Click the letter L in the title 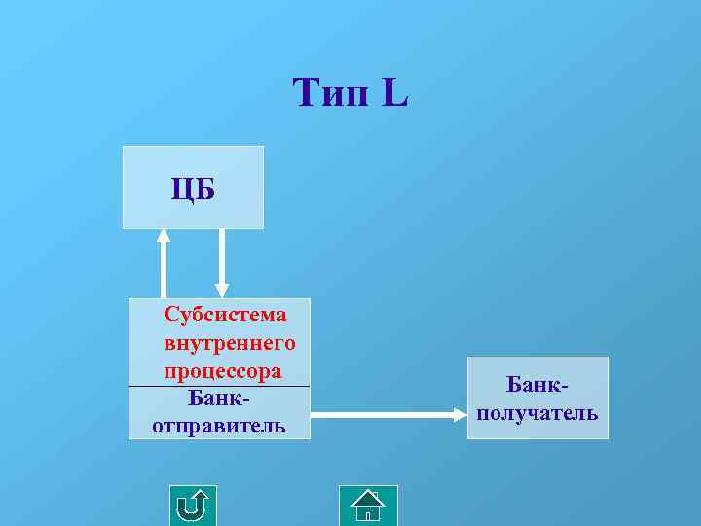pyautogui.click(x=395, y=94)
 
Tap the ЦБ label pyautogui.click(x=193, y=188)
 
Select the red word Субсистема pyautogui.click(x=226, y=314)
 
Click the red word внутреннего pyautogui.click(x=230, y=343)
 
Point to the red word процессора pyautogui.click(x=223, y=371)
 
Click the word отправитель pyautogui.click(x=219, y=426)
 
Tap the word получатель pyautogui.click(x=537, y=413)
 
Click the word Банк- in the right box pyautogui.click(x=537, y=386)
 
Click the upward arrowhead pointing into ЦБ pyautogui.click(x=164, y=236)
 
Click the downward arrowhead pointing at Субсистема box pyautogui.click(x=222, y=289)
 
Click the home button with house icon pyautogui.click(x=368, y=506)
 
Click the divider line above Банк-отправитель pyautogui.click(x=219, y=387)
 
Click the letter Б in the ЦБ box pyautogui.click(x=203, y=188)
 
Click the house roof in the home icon pyautogui.click(x=368, y=498)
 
